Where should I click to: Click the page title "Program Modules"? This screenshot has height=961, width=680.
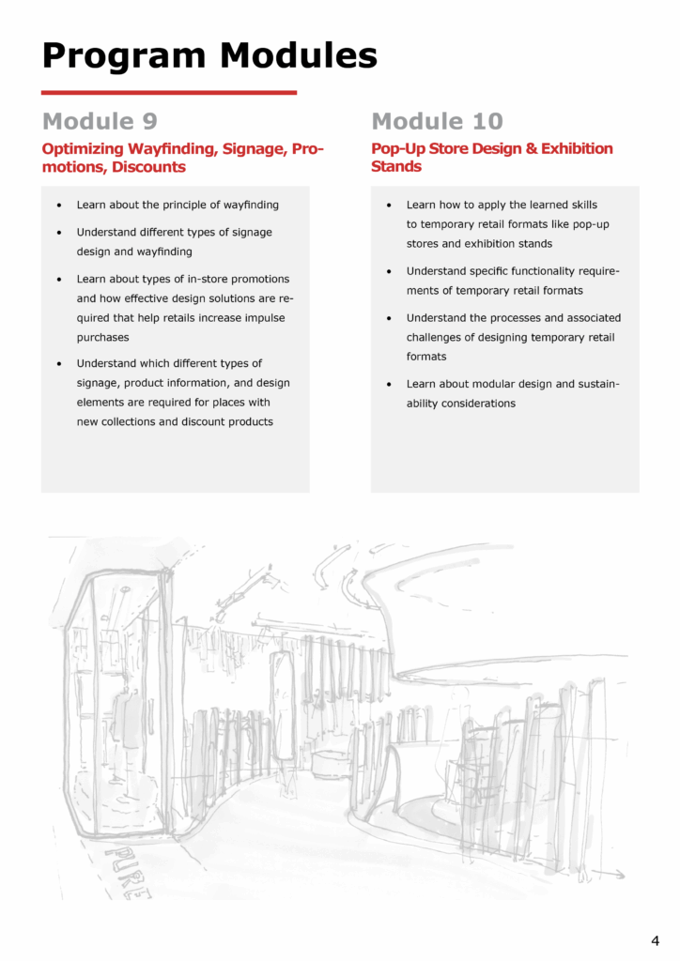click(209, 55)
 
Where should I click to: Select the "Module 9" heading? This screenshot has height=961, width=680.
click(100, 121)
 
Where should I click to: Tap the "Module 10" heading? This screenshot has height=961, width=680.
click(437, 121)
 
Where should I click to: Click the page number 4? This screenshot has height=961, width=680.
click(655, 939)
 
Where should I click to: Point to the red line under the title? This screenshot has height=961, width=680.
click(169, 93)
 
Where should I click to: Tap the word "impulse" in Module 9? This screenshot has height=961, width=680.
click(259, 318)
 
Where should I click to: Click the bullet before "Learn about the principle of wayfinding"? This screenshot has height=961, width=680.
click(60, 205)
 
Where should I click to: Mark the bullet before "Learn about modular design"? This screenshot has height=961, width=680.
click(390, 385)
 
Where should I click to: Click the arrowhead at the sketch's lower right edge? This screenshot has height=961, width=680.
click(621, 874)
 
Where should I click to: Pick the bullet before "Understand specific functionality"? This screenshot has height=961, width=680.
click(390, 272)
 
